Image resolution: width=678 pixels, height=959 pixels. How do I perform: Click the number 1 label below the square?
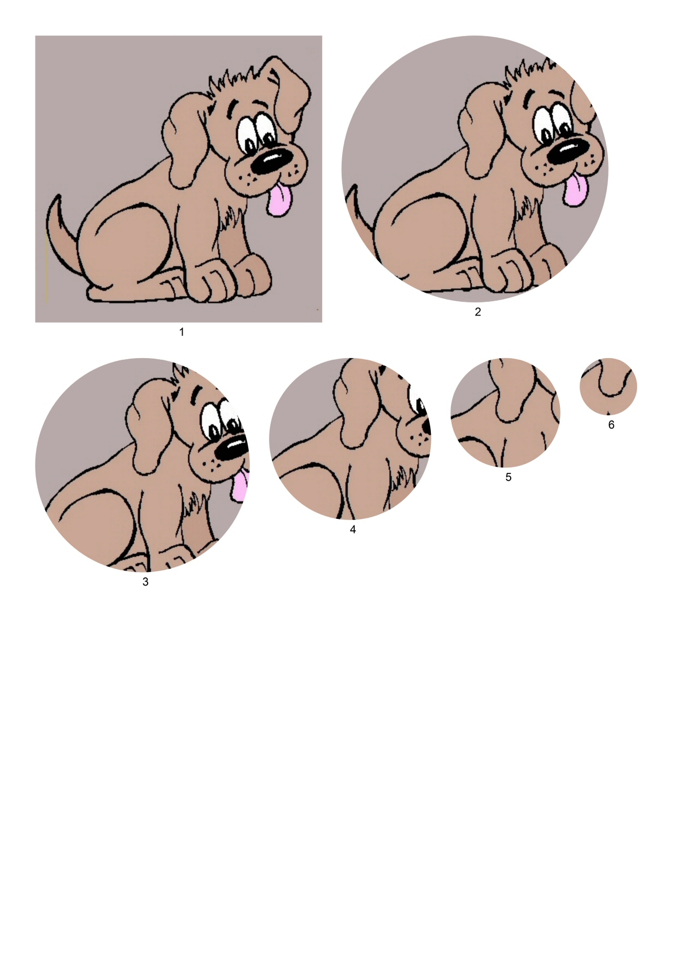click(x=182, y=332)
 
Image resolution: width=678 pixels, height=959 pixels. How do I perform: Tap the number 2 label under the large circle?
click(x=478, y=312)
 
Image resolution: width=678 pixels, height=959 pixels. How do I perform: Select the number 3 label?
click(x=145, y=582)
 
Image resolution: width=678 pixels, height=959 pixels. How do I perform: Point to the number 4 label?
click(x=353, y=530)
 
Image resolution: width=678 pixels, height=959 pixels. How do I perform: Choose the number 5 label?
click(x=508, y=477)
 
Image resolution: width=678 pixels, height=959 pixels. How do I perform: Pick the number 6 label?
click(x=611, y=425)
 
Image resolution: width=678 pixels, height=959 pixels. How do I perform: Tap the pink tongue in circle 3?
click(x=240, y=486)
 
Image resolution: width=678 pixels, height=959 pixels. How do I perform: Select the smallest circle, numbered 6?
click(x=609, y=387)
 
